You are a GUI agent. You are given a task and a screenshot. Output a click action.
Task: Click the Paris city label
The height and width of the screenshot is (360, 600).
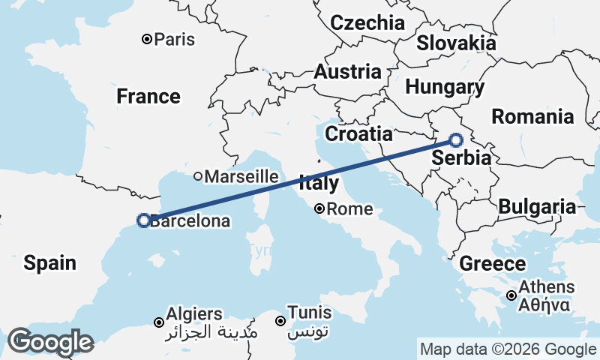click(x=174, y=39)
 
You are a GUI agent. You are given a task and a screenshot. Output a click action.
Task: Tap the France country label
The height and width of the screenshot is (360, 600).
click(x=148, y=97)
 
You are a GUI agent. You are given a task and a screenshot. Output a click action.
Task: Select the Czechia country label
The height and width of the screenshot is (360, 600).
click(x=367, y=22)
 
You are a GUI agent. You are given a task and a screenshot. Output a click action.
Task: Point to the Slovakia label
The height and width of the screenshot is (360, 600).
click(x=456, y=43)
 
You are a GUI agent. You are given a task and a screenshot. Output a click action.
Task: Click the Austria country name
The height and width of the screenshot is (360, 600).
click(x=347, y=72)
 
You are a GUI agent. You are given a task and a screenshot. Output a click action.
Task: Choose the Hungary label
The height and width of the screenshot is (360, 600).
click(x=444, y=87)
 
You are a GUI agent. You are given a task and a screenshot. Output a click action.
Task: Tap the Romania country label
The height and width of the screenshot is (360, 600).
click(x=532, y=116)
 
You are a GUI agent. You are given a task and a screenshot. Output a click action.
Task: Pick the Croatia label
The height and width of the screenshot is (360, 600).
click(x=358, y=134)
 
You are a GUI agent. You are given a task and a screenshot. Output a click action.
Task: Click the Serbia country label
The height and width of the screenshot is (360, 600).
click(x=461, y=158)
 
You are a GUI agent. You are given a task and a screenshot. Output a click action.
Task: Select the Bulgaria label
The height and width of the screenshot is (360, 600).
click(x=537, y=206)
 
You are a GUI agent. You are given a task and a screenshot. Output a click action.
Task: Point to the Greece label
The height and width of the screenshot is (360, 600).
click(x=492, y=264)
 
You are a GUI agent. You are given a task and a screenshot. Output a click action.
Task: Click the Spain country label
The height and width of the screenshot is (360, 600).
click(x=49, y=262)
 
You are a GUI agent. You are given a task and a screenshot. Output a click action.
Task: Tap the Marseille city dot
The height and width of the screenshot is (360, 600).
click(x=198, y=177)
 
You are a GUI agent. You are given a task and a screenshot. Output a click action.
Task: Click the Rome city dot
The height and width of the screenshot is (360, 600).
click(x=319, y=209)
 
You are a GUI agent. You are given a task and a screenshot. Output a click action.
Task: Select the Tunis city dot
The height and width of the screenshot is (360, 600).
click(x=280, y=321)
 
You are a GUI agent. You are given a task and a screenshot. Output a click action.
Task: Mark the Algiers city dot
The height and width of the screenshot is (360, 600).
click(x=159, y=322)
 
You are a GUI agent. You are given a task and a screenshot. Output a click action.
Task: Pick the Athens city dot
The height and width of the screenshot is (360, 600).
click(x=511, y=295)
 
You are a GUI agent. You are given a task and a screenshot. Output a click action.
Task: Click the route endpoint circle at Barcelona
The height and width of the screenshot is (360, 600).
click(x=143, y=220)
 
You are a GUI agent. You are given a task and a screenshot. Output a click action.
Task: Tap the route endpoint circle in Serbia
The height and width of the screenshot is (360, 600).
click(x=457, y=139)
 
